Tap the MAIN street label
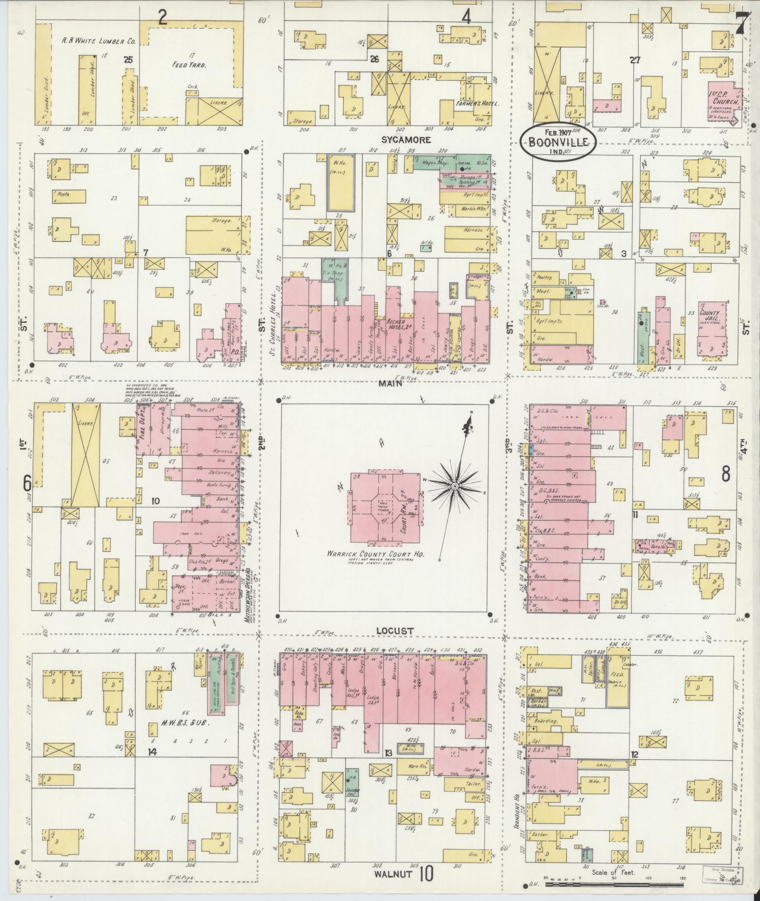[390, 383]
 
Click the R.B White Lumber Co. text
[99, 41]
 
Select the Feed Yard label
[189, 65]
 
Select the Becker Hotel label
[396, 326]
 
